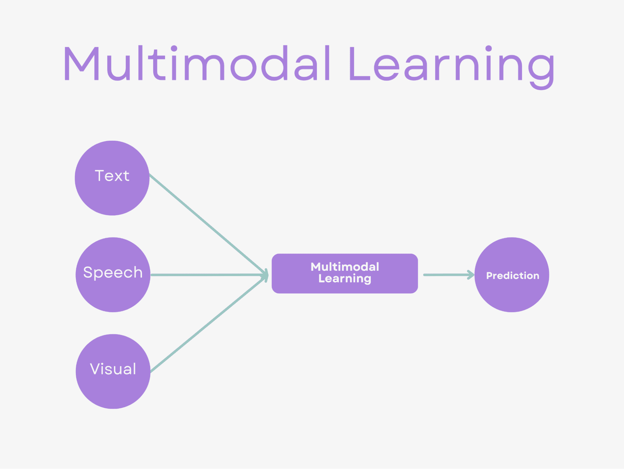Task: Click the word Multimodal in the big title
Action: (197, 63)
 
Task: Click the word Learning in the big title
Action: (451, 66)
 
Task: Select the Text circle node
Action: (112, 194)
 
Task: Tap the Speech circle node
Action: (113, 294)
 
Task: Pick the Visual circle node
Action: (113, 391)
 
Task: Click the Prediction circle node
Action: (512, 294)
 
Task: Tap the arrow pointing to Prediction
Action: (446, 275)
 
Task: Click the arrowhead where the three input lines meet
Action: (266, 275)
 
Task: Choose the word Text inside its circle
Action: (112, 176)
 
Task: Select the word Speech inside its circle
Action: (113, 272)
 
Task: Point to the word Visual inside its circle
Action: (113, 369)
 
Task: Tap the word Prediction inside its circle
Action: (513, 275)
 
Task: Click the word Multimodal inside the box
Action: (345, 267)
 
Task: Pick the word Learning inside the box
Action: (345, 279)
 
